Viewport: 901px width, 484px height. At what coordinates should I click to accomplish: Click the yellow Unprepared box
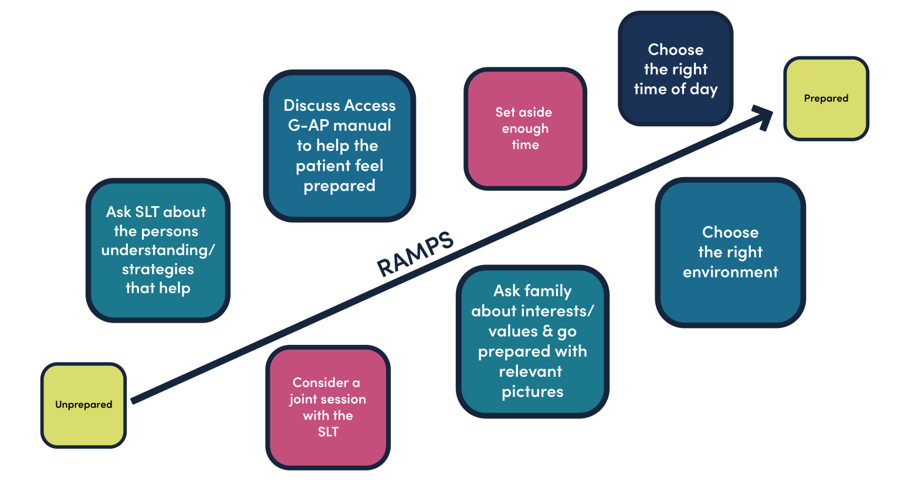(x=83, y=405)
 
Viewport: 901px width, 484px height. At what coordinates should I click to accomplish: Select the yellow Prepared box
(x=826, y=99)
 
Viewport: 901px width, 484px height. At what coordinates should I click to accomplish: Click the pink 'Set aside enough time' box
(x=525, y=128)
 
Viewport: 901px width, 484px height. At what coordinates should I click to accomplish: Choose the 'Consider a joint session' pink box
(x=328, y=407)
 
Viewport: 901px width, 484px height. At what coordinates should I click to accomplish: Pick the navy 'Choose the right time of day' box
(x=675, y=69)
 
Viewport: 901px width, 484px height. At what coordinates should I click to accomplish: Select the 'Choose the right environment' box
(x=730, y=252)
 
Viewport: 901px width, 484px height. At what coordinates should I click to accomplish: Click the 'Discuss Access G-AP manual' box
(x=339, y=145)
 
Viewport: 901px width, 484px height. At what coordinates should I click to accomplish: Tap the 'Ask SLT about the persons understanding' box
(x=157, y=250)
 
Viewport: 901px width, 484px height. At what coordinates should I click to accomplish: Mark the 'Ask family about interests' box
(x=532, y=341)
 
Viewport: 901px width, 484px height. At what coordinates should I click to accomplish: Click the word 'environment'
(x=730, y=272)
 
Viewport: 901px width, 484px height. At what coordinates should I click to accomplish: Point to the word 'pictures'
(x=532, y=392)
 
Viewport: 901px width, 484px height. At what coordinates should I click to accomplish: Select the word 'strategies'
(x=158, y=269)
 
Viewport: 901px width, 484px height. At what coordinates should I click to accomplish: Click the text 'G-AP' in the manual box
(x=309, y=126)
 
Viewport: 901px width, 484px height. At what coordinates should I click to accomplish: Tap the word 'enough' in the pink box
(x=525, y=129)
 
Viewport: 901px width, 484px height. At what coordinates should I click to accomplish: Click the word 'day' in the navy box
(x=704, y=90)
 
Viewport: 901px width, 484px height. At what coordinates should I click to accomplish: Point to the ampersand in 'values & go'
(x=547, y=331)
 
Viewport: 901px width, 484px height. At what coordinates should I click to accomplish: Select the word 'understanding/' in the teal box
(x=158, y=251)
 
